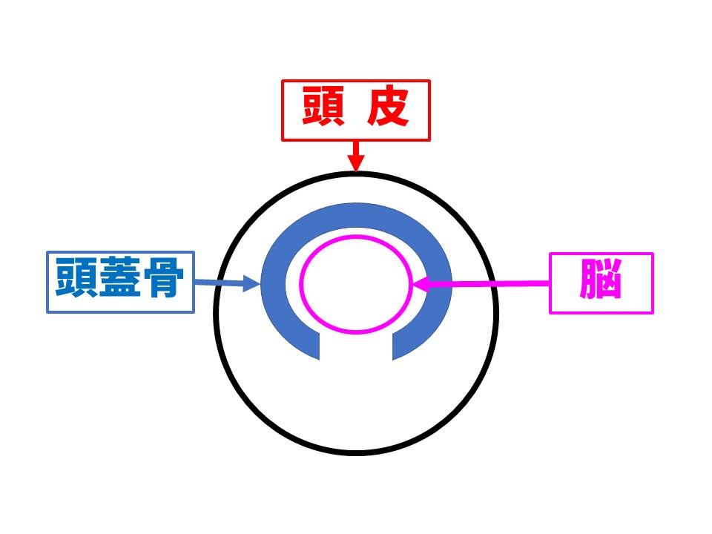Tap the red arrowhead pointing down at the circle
coord(356,164)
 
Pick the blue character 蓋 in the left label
coord(120,282)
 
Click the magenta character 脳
coord(601,283)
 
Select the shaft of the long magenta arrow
coord(489,283)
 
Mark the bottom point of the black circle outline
coord(356,452)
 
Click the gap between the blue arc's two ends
coord(357,349)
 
